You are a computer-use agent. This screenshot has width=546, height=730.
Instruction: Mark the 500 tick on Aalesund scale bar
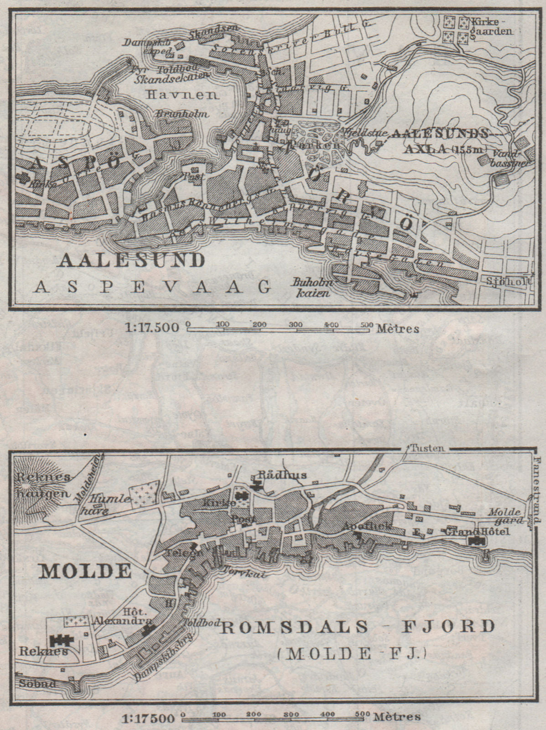tap(365, 324)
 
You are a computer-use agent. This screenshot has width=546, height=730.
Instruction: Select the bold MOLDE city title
tap(85, 571)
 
